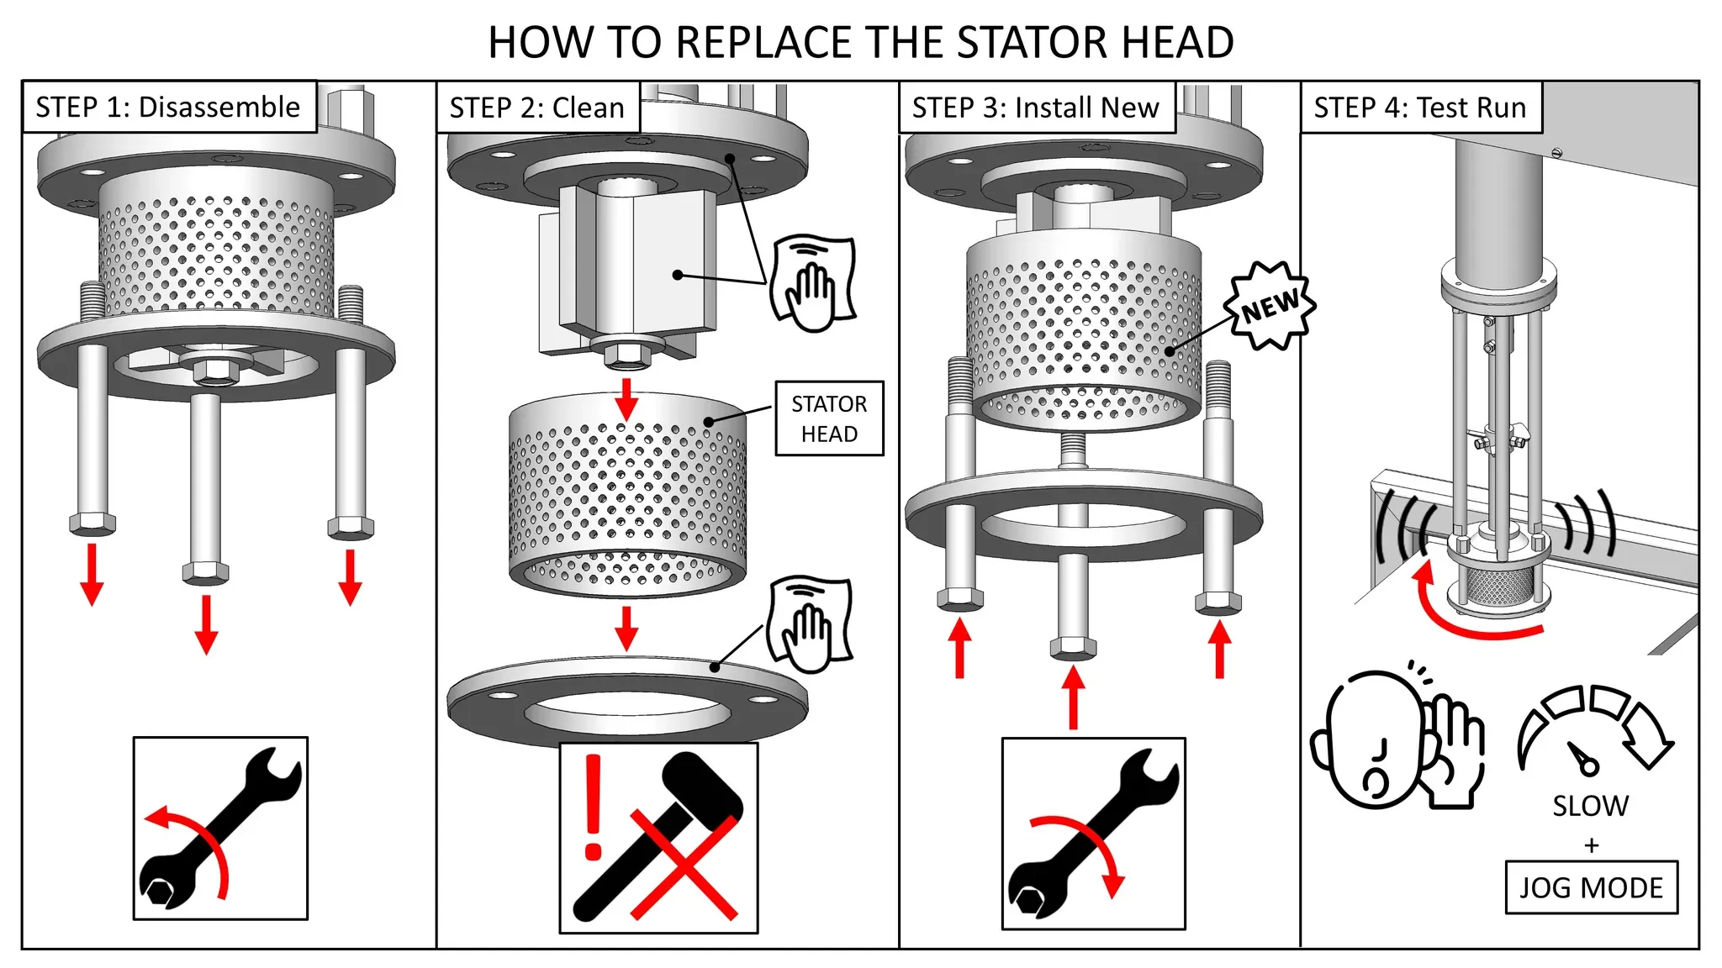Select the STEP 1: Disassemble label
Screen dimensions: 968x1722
coord(168,108)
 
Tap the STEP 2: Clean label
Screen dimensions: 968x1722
coord(537,108)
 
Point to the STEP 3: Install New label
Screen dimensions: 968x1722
coord(1036,108)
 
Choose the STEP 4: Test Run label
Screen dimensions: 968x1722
coord(1420,108)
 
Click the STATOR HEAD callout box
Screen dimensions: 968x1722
coord(829,418)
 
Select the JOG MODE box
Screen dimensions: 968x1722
coord(1591,887)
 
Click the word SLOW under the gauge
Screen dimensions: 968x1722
coord(1590,806)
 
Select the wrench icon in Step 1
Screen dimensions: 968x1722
coord(220,829)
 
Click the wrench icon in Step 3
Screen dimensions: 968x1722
coord(1093,834)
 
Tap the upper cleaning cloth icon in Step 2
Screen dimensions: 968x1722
coord(812,282)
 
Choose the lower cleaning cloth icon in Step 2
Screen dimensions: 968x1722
coord(809,623)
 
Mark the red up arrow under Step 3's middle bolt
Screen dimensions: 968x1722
coord(1073,696)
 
